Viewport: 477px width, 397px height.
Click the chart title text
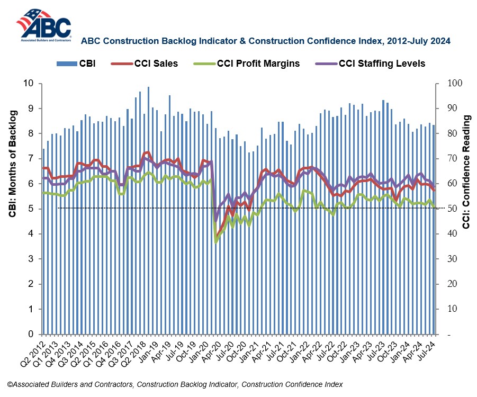(x=265, y=40)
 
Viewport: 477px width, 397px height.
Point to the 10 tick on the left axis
(x=29, y=83)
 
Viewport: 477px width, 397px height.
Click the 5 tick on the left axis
(x=31, y=209)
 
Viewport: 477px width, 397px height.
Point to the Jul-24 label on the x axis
(x=428, y=349)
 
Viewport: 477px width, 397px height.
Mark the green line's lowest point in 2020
(x=215, y=242)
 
